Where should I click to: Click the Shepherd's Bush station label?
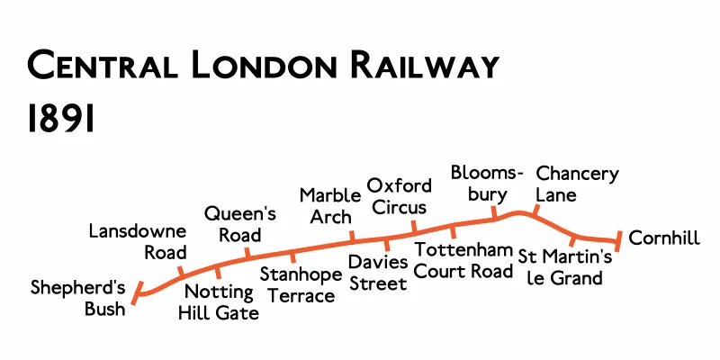click(77, 299)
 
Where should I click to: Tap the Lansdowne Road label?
click(138, 242)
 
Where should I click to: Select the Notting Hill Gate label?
click(221, 302)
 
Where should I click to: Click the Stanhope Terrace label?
click(297, 283)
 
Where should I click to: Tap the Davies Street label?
click(378, 272)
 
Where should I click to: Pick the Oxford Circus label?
click(400, 196)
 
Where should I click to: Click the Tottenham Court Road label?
click(463, 259)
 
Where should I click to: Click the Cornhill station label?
click(664, 238)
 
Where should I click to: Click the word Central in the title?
click(99, 67)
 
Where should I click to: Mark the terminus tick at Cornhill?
click(618, 239)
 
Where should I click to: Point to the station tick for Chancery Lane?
click(535, 212)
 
